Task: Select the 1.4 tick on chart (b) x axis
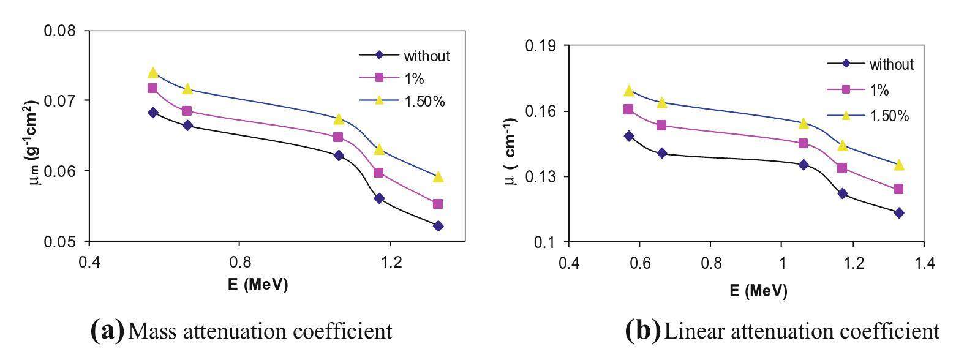click(924, 263)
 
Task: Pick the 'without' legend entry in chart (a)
click(427, 56)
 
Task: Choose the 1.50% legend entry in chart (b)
click(891, 116)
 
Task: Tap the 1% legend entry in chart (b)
click(879, 90)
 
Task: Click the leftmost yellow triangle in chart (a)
click(153, 73)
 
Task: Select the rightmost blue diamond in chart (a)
click(438, 226)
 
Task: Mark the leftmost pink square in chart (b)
click(628, 110)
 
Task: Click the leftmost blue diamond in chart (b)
click(629, 136)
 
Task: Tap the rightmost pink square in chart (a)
click(438, 204)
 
